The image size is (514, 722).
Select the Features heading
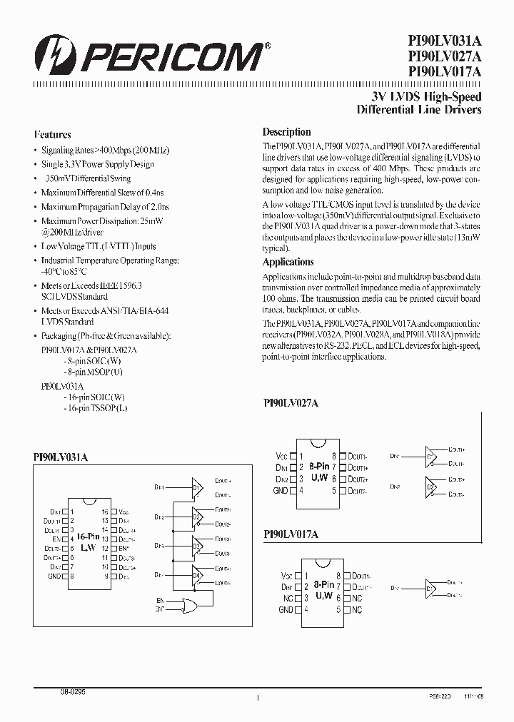(52, 134)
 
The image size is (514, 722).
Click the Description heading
(286, 132)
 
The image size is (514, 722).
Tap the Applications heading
(288, 262)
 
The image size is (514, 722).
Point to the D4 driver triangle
(197, 575)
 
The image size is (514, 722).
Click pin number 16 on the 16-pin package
(105, 512)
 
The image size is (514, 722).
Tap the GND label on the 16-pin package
(54, 576)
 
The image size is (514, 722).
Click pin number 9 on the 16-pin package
(106, 576)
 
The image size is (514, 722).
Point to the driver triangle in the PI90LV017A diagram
(430, 589)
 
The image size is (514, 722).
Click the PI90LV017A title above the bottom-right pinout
(291, 534)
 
